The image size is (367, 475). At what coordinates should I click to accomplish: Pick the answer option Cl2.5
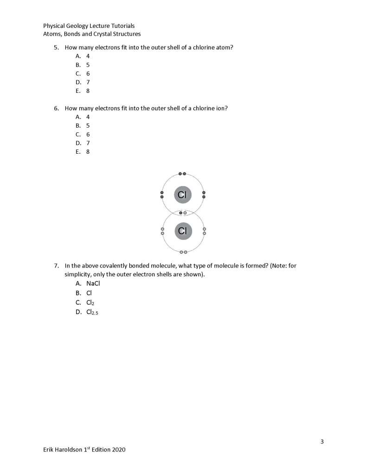[92, 312]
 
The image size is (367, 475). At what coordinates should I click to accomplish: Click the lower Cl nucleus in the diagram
[182, 230]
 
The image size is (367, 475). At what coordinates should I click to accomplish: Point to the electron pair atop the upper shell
[182, 174]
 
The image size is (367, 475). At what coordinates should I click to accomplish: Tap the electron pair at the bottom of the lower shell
[183, 252]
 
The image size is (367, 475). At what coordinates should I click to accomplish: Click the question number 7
[56, 266]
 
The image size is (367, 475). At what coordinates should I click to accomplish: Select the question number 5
[56, 47]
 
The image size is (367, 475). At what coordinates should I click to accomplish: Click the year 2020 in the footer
[118, 449]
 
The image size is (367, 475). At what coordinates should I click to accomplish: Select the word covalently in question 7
[107, 266]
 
